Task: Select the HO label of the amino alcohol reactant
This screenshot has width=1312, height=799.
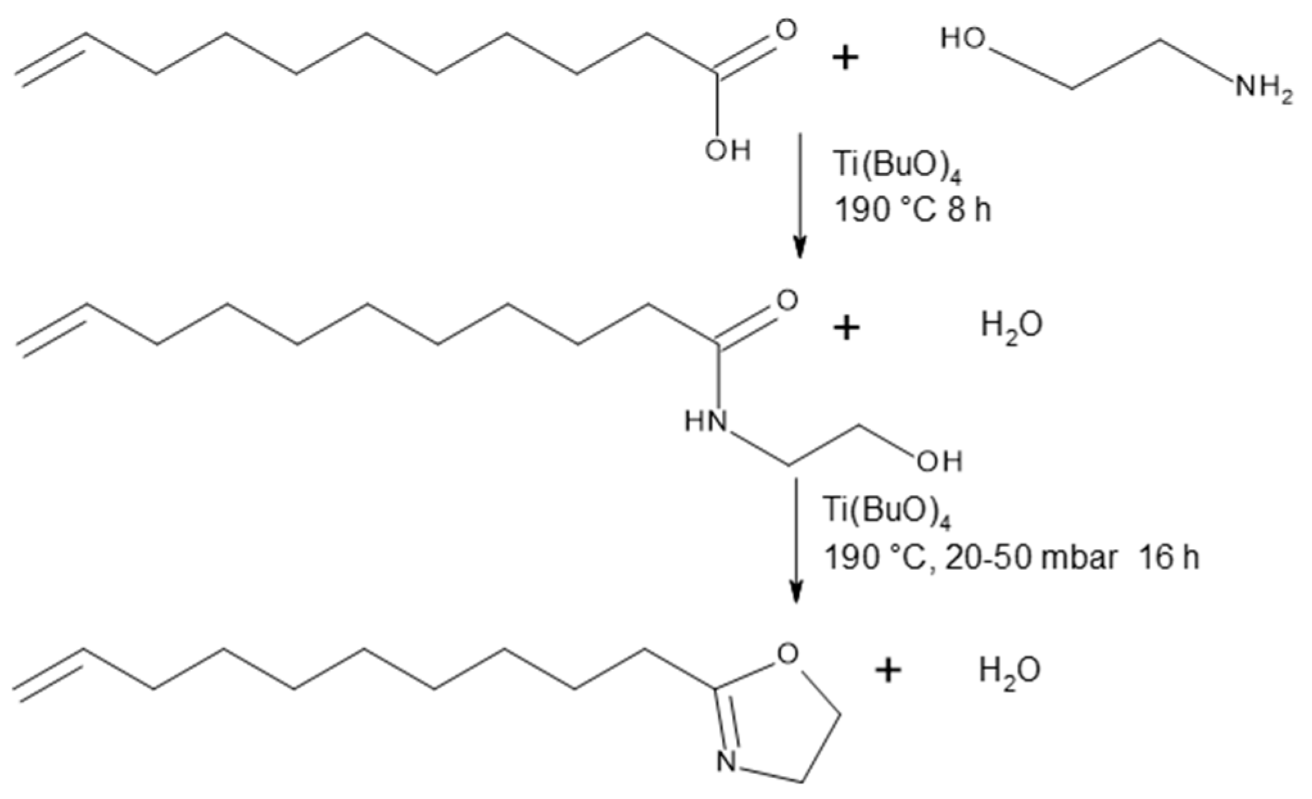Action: tap(963, 40)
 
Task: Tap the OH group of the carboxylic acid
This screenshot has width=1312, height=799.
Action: tap(728, 151)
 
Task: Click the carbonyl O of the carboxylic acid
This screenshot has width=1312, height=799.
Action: tap(785, 30)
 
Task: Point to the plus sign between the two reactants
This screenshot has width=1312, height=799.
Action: tap(846, 59)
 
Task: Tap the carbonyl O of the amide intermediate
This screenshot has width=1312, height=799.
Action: tap(787, 299)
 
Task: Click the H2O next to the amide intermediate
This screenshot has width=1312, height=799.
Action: tap(1012, 326)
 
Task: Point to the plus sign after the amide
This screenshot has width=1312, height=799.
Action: tap(846, 329)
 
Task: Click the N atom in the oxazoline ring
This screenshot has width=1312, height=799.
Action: tap(726, 762)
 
